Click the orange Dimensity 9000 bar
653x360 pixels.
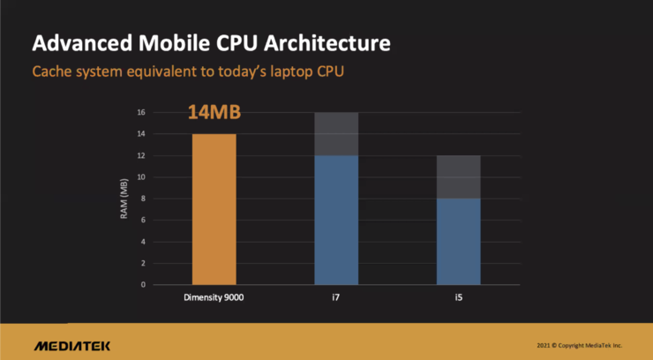coord(214,209)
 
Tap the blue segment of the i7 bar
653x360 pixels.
coord(336,221)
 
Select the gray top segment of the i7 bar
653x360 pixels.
coord(336,134)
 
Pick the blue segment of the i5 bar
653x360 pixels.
coord(459,242)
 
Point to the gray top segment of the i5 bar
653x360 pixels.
coord(459,176)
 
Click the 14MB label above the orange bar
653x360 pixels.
coord(214,112)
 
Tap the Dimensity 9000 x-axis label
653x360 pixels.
coord(214,297)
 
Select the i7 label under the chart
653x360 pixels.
coord(335,297)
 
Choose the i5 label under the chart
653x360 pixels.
coord(459,297)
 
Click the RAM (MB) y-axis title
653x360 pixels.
coord(124,199)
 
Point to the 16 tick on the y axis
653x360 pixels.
coord(141,112)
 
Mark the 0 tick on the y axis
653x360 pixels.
coord(143,285)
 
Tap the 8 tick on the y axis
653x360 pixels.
coord(143,199)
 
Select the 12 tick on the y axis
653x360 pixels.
coord(141,155)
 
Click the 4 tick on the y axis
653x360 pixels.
coord(143,242)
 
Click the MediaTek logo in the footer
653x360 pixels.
coord(72,346)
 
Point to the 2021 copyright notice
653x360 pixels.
coord(579,345)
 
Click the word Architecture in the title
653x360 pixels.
coord(327,43)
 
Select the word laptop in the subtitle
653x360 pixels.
coord(291,71)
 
